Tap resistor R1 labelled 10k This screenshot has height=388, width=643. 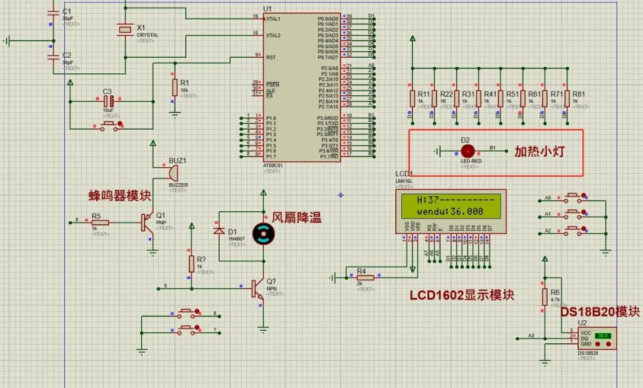point(174,87)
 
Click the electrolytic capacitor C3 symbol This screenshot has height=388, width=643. point(108,101)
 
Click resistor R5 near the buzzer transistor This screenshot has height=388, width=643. point(100,223)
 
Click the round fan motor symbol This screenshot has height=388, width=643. point(263,234)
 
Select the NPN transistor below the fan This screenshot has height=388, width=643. point(258,289)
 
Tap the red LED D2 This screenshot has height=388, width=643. point(468,151)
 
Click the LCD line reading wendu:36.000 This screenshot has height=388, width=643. point(450,211)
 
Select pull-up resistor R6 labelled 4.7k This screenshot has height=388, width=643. point(544,297)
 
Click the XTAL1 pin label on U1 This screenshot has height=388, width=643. point(273,18)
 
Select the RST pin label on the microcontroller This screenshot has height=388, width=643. point(271,57)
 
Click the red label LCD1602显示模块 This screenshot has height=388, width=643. point(461,295)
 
